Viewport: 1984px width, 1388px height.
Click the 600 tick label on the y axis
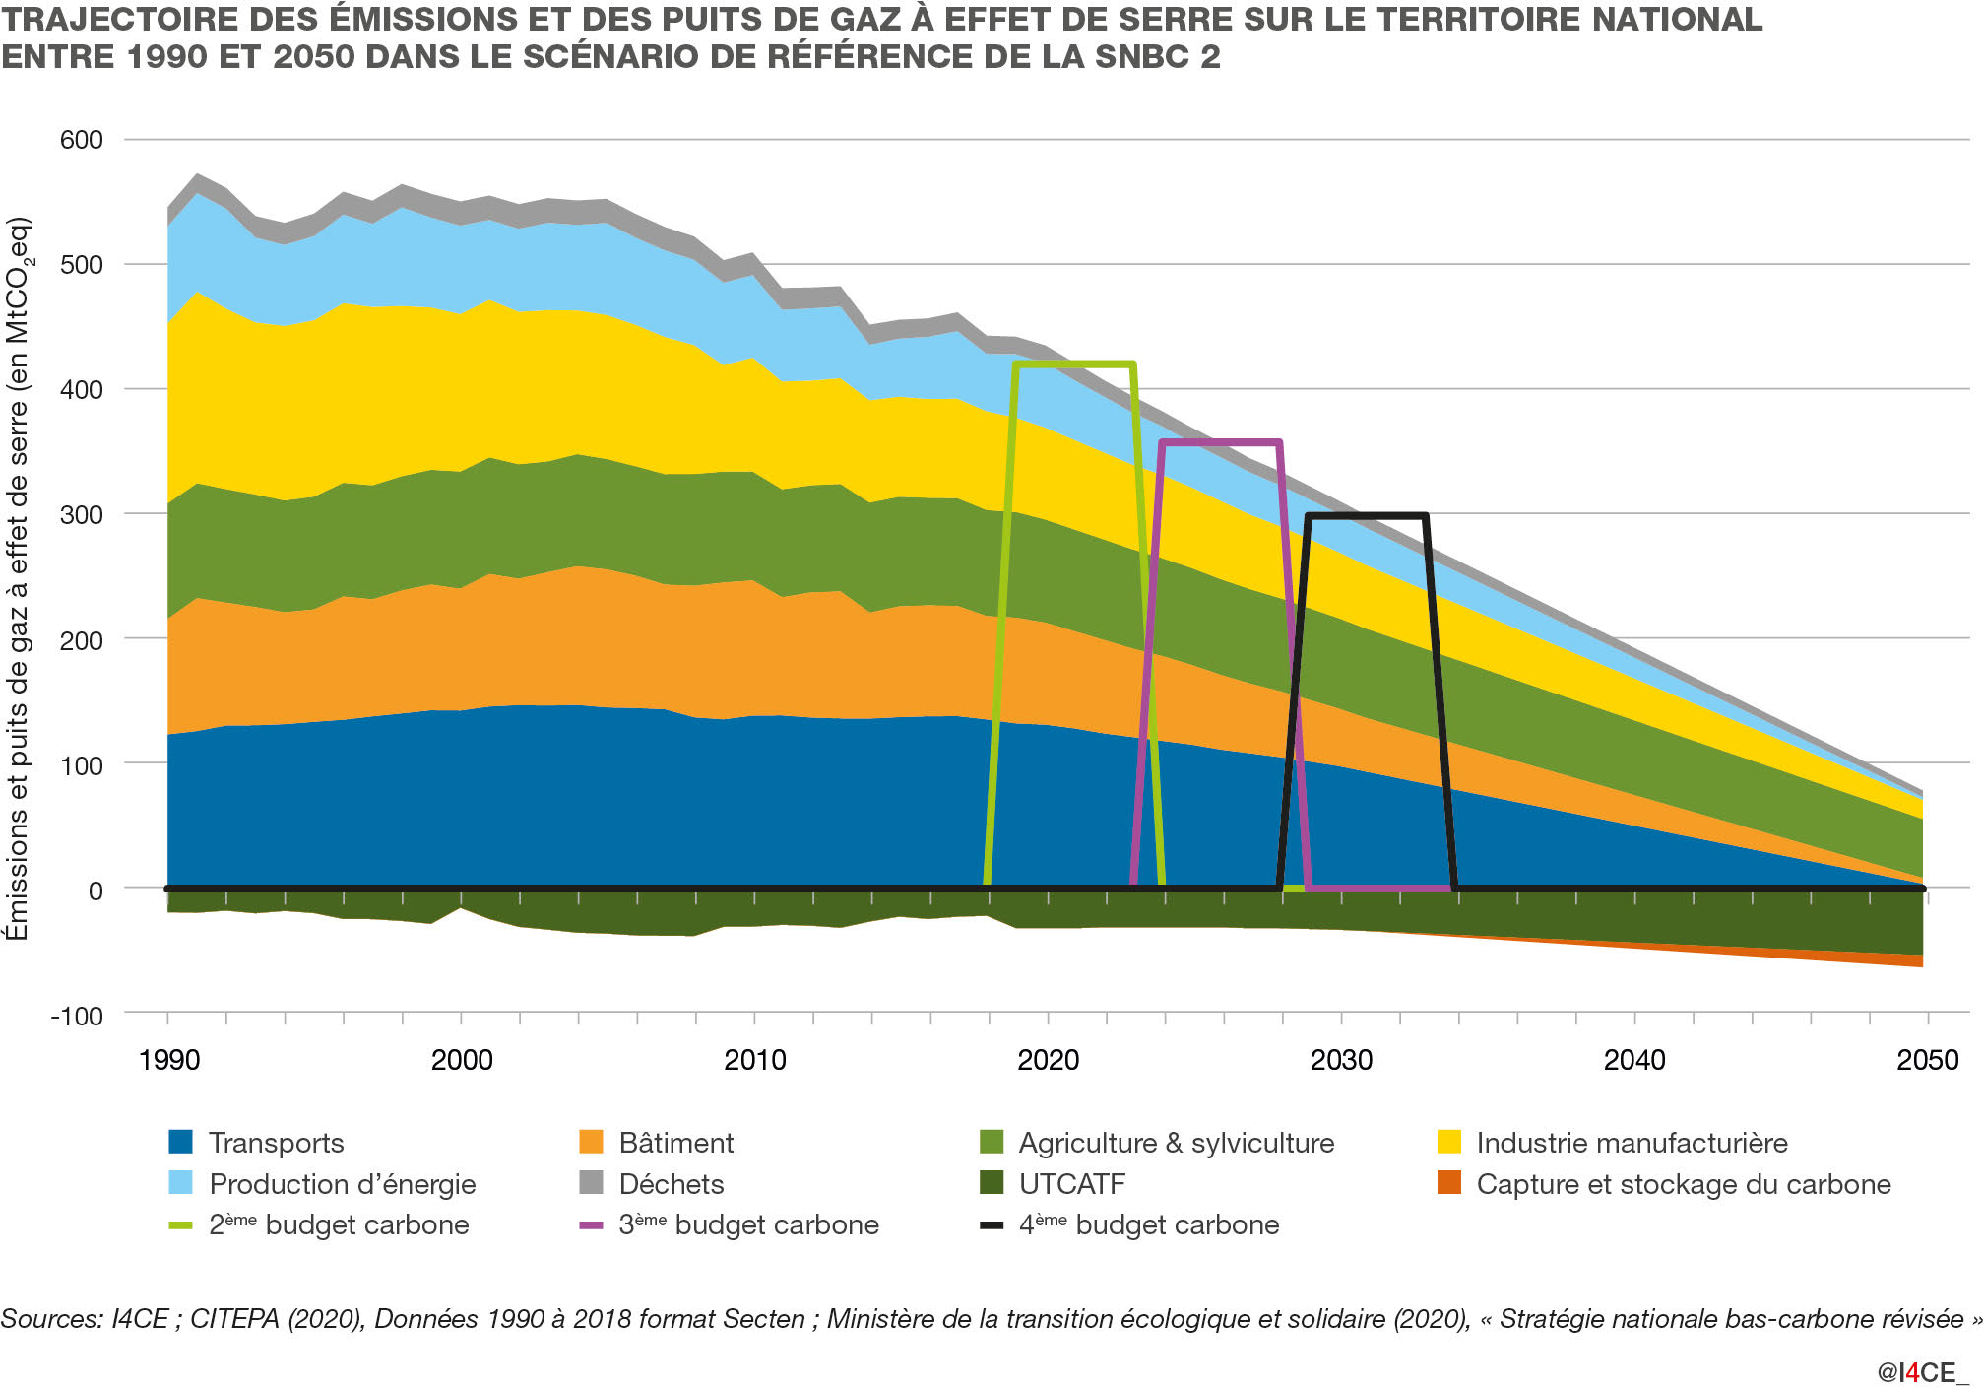click(81, 140)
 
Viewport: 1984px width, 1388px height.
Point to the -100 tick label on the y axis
click(76, 1016)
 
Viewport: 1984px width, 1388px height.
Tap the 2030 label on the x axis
click(1341, 1060)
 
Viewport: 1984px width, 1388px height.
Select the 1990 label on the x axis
click(168, 1060)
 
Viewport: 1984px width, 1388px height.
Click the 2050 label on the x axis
click(1928, 1060)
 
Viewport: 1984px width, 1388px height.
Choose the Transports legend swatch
click(181, 1143)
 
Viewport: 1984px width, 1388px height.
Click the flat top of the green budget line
click(1074, 364)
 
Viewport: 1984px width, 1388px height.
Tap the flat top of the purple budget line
click(1221, 443)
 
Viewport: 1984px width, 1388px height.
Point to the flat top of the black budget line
click(1367, 516)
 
